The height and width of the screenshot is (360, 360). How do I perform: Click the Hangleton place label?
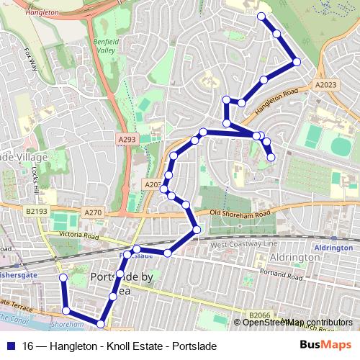point(41,12)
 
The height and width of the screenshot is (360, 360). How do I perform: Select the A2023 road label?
point(325,84)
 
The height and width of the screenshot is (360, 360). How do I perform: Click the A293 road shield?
point(127,137)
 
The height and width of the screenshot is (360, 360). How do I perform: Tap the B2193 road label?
point(36,212)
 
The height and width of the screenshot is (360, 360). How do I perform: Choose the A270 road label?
point(93,212)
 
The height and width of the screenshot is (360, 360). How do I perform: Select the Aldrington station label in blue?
point(333,247)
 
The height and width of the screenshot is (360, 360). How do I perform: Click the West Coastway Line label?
point(243,245)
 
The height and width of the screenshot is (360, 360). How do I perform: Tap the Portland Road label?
point(286,273)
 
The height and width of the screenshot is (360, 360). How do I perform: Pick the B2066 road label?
point(258,315)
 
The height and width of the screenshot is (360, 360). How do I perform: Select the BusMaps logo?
point(325,344)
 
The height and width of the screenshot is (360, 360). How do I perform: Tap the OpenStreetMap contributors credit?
point(297,322)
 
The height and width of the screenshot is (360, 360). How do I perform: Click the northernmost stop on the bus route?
point(261,16)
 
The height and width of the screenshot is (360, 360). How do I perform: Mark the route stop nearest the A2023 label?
point(296,63)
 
